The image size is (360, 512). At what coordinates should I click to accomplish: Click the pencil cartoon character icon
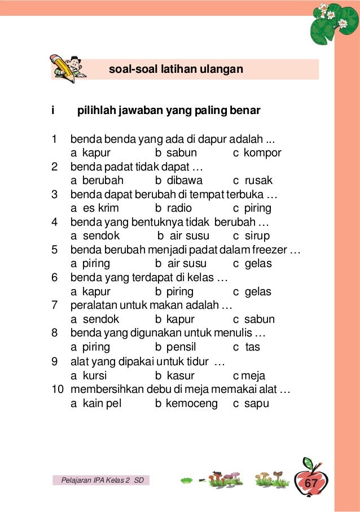[67, 68]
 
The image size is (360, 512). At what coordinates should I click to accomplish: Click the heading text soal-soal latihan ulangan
[175, 69]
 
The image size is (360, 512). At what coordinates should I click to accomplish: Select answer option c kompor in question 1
[257, 153]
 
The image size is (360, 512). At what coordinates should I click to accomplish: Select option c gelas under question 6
[252, 292]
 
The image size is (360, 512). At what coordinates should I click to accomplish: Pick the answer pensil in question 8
[177, 347]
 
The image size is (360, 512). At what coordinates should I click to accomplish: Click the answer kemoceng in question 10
[186, 404]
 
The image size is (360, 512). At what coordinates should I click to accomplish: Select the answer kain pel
[96, 404]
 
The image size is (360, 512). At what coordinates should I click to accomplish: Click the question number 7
[54, 305]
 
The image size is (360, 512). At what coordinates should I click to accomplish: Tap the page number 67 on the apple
[311, 483]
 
